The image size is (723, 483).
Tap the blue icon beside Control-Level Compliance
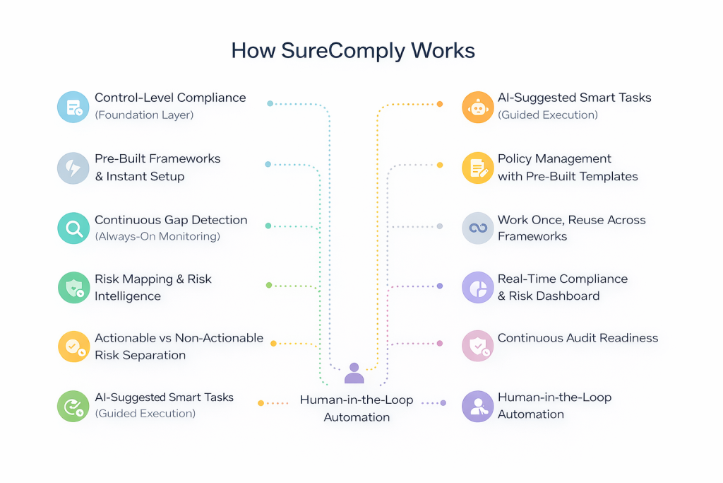click(x=73, y=107)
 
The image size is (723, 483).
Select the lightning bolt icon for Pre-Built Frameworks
click(x=73, y=168)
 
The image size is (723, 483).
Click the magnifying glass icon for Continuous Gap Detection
click(x=73, y=228)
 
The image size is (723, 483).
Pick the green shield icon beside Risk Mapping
click(x=73, y=288)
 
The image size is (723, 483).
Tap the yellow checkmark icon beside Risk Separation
click(x=73, y=347)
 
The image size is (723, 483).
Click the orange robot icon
click(x=478, y=107)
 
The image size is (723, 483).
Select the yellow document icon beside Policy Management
click(x=478, y=168)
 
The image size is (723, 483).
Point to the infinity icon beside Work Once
click(x=478, y=228)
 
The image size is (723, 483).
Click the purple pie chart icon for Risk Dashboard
click(x=478, y=288)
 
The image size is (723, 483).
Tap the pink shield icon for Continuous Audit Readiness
click(x=478, y=347)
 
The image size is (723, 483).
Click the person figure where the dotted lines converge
click(x=354, y=373)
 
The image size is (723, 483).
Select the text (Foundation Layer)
click(x=144, y=115)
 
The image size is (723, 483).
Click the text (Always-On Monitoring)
click(x=157, y=236)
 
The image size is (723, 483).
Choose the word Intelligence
click(x=128, y=296)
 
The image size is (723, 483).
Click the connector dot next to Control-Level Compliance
click(x=270, y=103)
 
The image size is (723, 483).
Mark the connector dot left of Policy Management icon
click(x=440, y=165)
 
